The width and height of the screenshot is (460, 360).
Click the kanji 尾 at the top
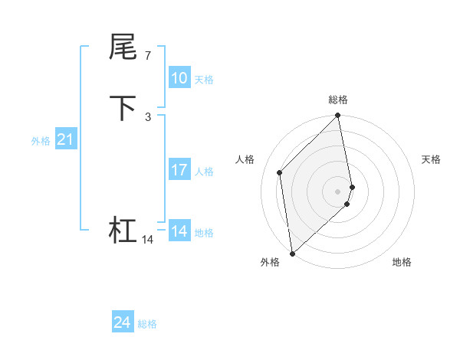click(123, 47)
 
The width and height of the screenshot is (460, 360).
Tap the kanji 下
click(123, 108)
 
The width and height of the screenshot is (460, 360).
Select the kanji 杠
click(123, 230)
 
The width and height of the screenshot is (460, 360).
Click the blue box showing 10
click(179, 78)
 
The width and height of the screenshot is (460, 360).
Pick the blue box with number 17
click(179, 170)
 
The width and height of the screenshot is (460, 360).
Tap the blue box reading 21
click(66, 139)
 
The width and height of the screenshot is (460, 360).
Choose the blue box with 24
click(123, 323)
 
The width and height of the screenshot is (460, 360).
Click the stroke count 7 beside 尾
click(148, 55)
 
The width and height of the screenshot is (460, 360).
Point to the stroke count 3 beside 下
click(148, 116)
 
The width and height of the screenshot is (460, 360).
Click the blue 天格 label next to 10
click(204, 80)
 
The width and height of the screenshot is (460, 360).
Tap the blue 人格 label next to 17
click(204, 172)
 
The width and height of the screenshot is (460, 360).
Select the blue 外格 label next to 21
click(41, 141)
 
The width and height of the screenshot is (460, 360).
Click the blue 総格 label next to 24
click(147, 325)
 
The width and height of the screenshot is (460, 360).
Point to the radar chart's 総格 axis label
click(338, 100)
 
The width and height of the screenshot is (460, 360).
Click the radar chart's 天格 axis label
click(432, 159)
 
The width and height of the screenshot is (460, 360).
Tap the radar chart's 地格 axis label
click(402, 262)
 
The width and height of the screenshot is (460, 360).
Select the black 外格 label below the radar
click(270, 262)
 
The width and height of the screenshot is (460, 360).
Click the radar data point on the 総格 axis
click(338, 116)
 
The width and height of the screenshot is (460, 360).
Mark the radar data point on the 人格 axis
click(280, 172)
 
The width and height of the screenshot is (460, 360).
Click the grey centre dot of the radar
click(338, 191)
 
